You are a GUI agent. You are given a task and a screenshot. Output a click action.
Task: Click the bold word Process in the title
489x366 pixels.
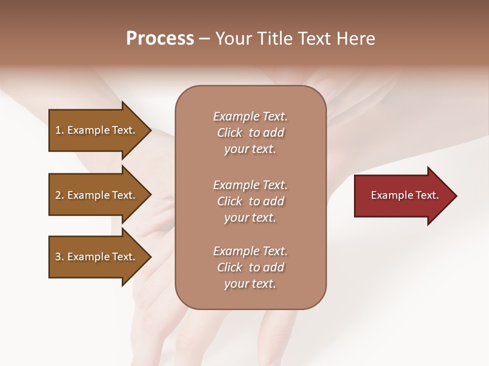[x=160, y=39]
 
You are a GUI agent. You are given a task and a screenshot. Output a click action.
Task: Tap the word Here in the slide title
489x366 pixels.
[x=356, y=39]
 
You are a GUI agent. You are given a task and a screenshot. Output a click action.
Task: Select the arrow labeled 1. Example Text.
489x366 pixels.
[x=97, y=130]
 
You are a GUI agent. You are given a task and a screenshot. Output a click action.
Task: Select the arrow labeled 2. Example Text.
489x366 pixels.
[x=97, y=195]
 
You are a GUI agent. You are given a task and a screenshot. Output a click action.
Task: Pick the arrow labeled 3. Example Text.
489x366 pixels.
[x=97, y=257]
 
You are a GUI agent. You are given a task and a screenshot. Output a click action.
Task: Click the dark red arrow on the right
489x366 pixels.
[x=402, y=196]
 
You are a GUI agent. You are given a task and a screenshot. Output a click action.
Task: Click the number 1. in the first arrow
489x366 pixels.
[x=59, y=130]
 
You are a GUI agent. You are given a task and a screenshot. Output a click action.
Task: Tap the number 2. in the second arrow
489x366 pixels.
[x=59, y=195]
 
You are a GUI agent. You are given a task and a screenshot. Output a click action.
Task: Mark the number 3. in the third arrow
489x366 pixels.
[x=59, y=257]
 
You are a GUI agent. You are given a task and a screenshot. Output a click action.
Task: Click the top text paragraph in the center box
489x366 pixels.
[x=250, y=133]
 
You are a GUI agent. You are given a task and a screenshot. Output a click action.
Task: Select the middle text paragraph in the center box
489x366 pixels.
[x=250, y=201]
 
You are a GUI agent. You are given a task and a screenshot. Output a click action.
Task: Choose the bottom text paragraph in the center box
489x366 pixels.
[x=250, y=267]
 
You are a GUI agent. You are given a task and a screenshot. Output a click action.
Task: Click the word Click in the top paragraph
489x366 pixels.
[x=230, y=133]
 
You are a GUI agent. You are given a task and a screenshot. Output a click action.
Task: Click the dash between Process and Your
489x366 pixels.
[x=205, y=39]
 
